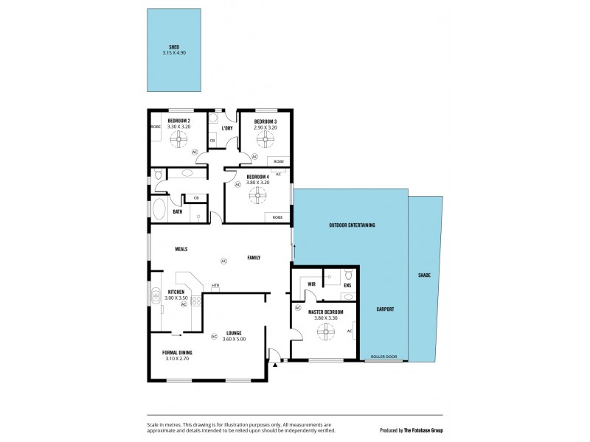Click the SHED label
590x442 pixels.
coord(174,46)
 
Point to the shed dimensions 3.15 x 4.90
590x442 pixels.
coord(174,52)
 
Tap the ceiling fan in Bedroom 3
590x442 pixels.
coord(265,139)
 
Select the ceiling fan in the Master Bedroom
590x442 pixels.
coord(324,334)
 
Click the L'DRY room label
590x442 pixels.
coord(227,128)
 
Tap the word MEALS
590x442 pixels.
coord(181,249)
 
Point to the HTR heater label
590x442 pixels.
coord(215,286)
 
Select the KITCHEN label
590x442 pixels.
coord(176,292)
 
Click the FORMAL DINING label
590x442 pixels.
coord(177,353)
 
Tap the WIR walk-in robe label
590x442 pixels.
coord(311,284)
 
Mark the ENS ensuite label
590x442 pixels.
coord(347,284)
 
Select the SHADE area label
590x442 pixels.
coord(424,275)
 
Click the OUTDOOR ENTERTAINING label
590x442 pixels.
coord(352,225)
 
